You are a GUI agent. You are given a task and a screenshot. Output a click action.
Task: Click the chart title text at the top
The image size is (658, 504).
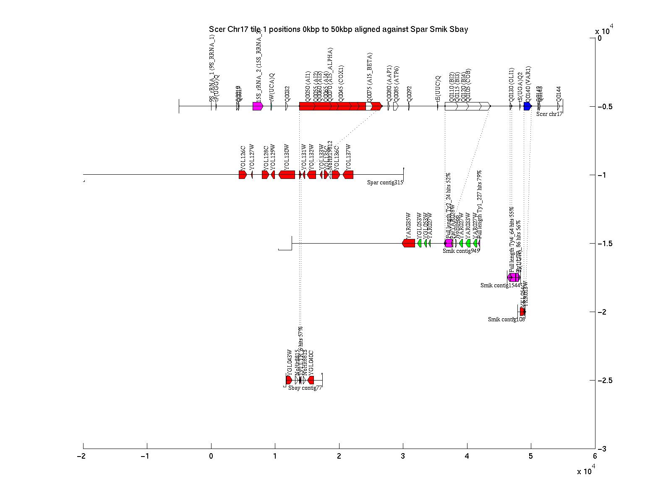[338, 29]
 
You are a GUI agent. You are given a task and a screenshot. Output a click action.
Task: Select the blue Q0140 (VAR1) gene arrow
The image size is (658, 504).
[527, 106]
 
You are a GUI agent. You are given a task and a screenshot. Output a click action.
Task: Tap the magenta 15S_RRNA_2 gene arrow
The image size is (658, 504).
[258, 106]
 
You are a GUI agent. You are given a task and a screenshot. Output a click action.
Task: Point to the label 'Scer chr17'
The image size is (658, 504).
[549, 114]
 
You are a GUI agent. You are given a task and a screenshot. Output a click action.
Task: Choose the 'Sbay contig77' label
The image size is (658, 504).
[305, 388]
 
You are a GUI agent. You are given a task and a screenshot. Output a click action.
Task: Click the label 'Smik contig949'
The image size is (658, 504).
[461, 251]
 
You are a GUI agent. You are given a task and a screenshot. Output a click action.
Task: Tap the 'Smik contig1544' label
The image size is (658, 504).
[500, 285]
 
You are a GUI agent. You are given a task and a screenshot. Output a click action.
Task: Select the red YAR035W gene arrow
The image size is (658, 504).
[408, 243]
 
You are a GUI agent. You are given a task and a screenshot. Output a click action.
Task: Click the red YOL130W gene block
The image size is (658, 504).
[287, 175]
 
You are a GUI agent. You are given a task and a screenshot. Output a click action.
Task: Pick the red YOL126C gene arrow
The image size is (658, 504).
[243, 175]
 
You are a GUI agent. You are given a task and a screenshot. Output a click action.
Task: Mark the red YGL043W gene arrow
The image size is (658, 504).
[289, 380]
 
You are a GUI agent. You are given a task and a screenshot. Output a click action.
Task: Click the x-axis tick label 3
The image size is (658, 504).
[403, 457]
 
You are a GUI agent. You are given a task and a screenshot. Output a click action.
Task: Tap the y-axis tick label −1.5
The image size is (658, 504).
[607, 244]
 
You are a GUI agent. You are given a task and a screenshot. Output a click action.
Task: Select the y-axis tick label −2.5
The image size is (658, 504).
[607, 381]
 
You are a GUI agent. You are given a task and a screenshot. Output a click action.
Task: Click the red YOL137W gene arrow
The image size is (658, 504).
[348, 175]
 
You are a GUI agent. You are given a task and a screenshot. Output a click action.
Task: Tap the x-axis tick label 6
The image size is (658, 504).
[595, 457]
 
